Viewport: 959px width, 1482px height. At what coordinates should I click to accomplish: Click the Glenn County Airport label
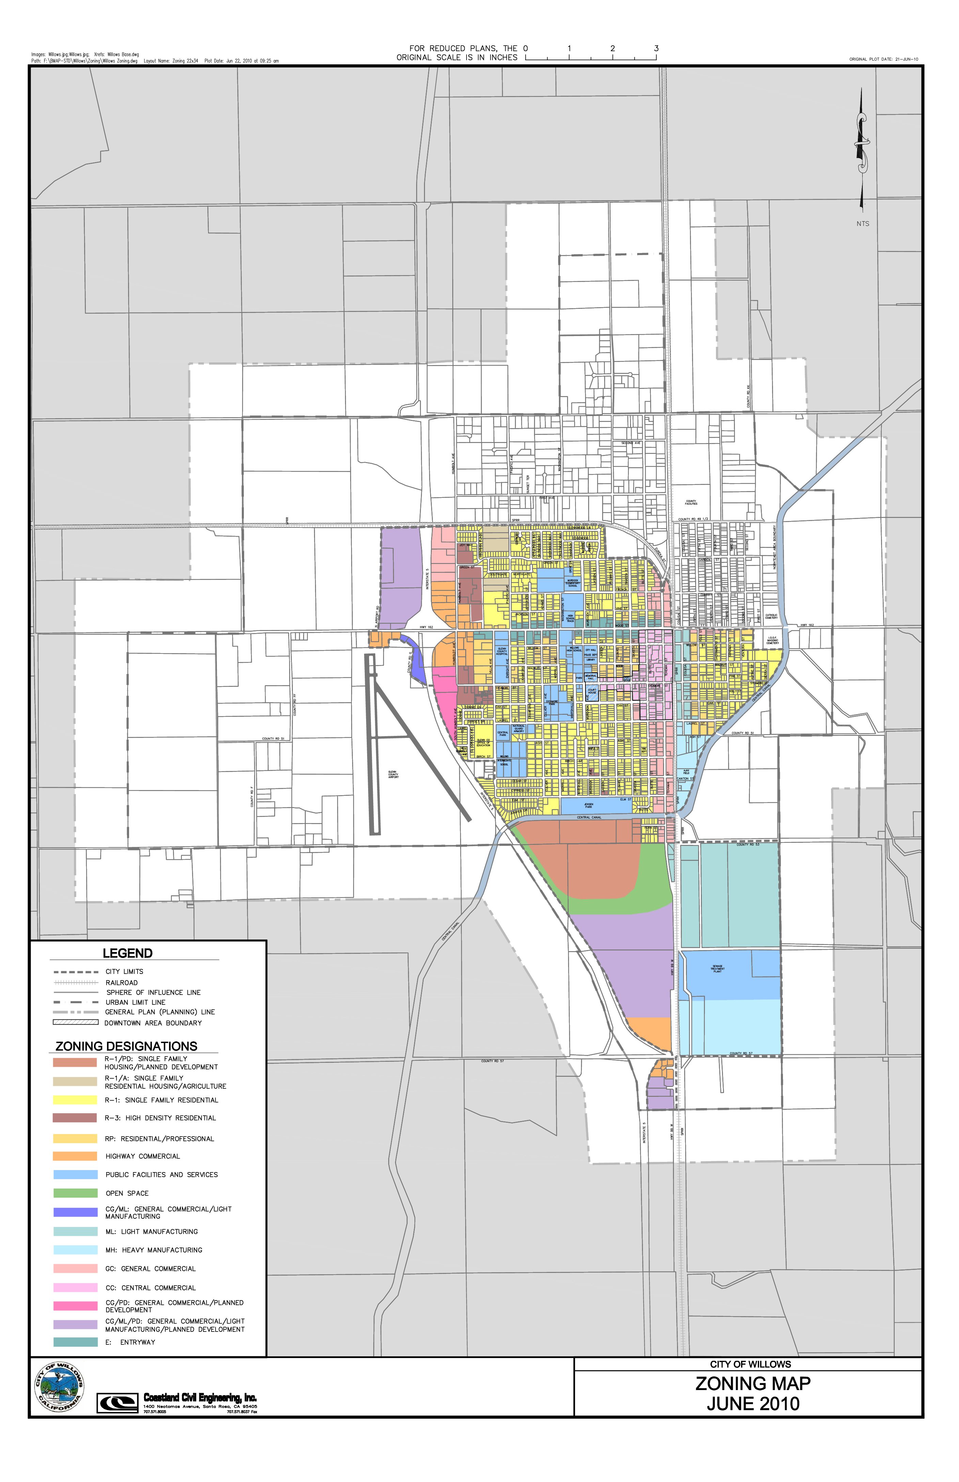point(393,775)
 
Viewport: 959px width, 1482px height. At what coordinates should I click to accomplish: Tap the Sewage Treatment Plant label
point(718,969)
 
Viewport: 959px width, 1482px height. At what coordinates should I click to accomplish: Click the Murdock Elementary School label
point(573,583)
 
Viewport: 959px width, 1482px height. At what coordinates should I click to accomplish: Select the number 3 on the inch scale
point(656,48)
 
